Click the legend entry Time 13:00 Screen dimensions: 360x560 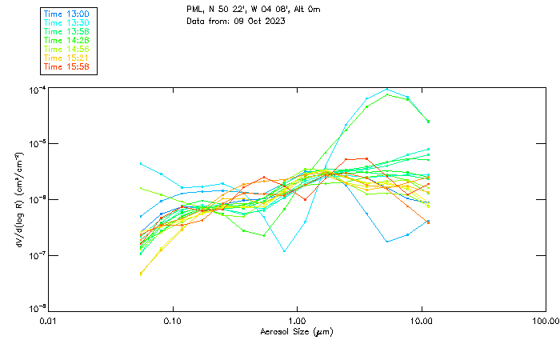point(66,14)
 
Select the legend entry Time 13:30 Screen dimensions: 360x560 point(66,23)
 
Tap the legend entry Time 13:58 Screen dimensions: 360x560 point(66,32)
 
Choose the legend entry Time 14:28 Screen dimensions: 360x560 point(66,41)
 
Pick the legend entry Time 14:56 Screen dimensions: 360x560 point(66,50)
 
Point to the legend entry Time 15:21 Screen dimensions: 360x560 point(66,58)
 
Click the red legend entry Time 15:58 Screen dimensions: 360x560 point(66,67)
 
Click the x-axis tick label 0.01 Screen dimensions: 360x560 point(49,321)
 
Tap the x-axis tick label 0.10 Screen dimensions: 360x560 point(173,321)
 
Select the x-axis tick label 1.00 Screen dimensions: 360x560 point(298,321)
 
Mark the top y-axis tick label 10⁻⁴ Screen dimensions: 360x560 point(34,90)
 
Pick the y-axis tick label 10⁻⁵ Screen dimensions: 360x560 point(34,144)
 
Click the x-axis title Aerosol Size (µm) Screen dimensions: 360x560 point(297,331)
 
